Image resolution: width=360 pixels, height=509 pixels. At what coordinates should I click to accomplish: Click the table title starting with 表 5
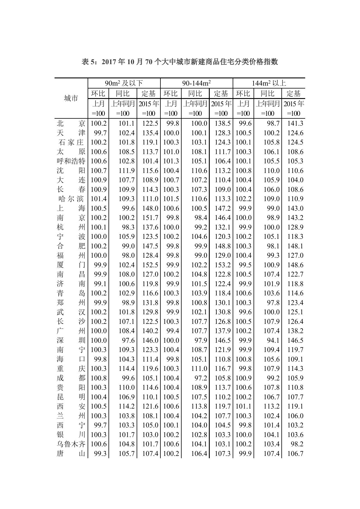click(180, 62)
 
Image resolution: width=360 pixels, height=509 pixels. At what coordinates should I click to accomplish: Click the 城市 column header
click(71, 98)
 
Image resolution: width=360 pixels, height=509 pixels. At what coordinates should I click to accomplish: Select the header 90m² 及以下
click(124, 83)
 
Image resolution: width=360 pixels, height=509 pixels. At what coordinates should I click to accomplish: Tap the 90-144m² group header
click(196, 83)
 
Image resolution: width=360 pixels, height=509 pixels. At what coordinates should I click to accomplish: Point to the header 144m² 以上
click(269, 83)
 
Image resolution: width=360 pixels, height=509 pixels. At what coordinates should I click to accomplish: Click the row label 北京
click(71, 123)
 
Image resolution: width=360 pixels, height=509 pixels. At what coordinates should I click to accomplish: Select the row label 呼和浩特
click(71, 161)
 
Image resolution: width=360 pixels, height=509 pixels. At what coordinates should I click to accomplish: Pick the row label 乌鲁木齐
click(71, 444)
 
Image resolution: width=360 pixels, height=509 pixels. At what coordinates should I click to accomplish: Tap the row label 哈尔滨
click(71, 199)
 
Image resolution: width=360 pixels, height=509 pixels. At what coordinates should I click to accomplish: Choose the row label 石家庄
click(71, 142)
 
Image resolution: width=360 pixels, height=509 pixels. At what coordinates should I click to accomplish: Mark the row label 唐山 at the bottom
click(71, 454)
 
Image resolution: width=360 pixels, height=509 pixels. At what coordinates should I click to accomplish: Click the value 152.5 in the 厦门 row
click(150, 265)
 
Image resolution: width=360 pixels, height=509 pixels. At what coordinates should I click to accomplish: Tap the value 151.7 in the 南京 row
click(150, 218)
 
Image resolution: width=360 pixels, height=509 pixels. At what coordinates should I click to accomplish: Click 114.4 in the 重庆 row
click(126, 369)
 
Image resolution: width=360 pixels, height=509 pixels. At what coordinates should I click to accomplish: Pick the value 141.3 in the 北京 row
click(295, 123)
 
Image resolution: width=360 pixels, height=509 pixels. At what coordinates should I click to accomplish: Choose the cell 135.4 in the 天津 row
click(150, 133)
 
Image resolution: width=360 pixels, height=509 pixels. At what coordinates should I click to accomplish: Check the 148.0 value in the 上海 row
click(150, 208)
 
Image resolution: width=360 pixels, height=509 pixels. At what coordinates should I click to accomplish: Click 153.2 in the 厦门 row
click(222, 265)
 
